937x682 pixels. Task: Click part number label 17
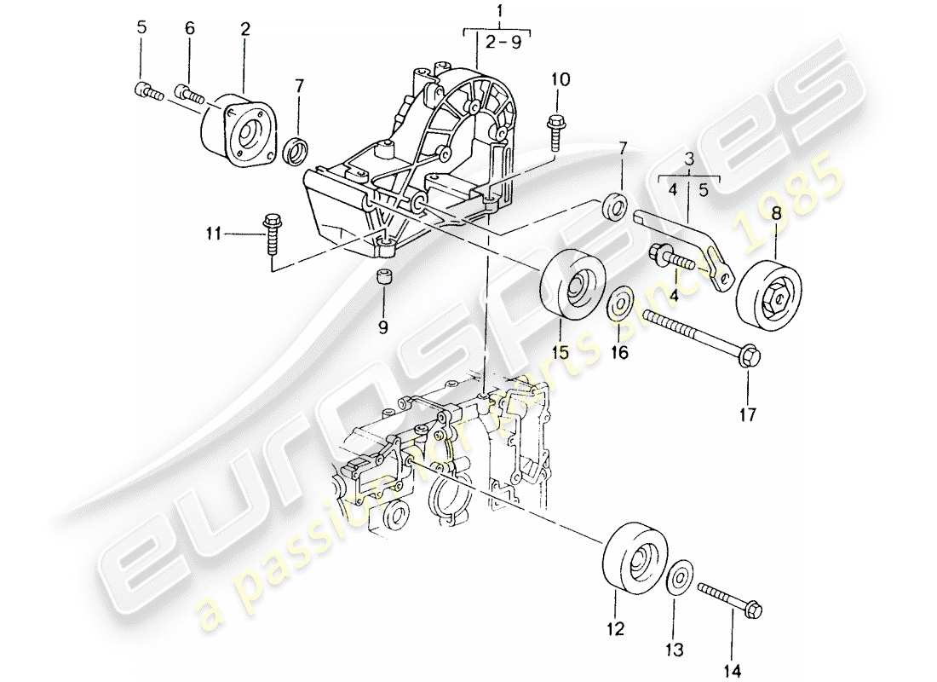747,416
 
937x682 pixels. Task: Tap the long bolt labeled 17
698,338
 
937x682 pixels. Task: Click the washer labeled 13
679,579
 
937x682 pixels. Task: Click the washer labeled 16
619,303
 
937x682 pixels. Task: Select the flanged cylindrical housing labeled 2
239,128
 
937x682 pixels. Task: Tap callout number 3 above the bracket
689,159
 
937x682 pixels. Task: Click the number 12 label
615,630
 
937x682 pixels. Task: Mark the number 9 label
382,327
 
